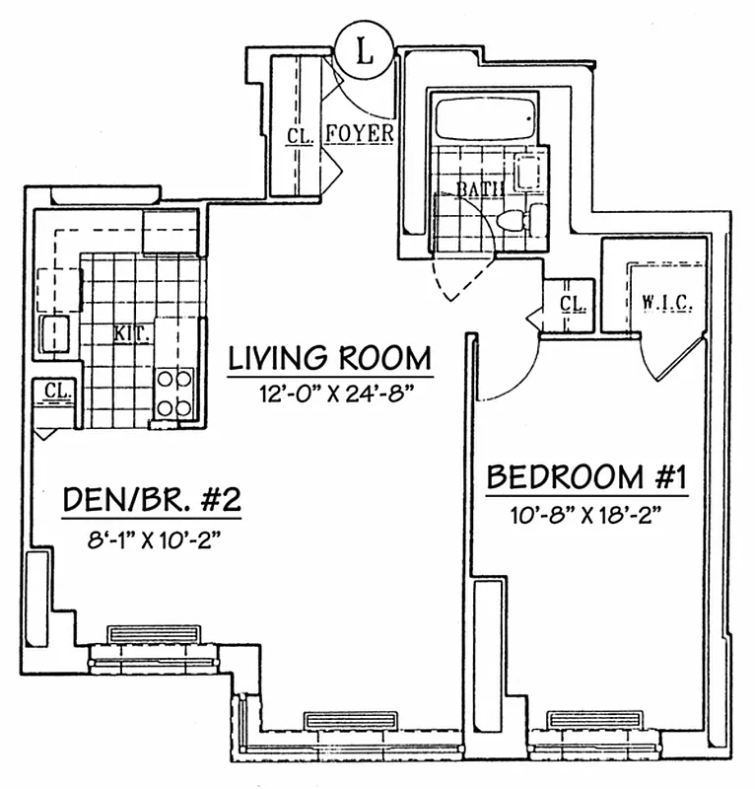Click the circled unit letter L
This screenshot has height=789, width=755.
point(365,50)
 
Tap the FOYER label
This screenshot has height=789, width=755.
point(360,133)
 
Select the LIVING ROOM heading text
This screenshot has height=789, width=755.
point(330,358)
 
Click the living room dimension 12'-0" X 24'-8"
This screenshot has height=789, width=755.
point(332,393)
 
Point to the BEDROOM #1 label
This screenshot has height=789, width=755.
point(586,476)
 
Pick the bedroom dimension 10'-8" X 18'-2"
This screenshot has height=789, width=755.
point(585,515)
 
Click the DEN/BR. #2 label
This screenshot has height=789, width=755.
point(152,499)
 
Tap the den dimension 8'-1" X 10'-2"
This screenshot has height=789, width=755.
point(155,540)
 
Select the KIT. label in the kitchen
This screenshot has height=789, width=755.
point(132,333)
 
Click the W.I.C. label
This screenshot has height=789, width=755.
point(667,303)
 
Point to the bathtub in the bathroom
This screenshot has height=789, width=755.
point(484,119)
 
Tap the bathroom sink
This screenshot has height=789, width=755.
point(528,172)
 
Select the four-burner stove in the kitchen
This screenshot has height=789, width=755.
point(174,393)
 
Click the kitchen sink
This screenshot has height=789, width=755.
point(55,335)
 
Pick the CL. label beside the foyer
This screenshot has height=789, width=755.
point(300,136)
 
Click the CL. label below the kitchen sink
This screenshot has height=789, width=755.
point(57,390)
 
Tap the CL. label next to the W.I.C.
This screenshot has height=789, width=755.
point(573,304)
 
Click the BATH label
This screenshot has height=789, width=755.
point(480,188)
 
